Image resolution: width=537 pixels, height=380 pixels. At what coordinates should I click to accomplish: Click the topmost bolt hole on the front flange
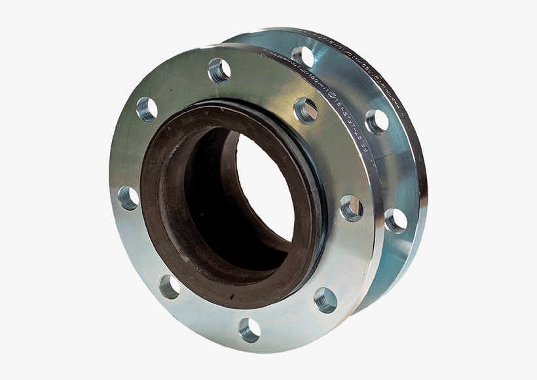click(219, 70)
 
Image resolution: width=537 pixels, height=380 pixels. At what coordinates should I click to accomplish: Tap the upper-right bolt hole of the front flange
click(305, 110)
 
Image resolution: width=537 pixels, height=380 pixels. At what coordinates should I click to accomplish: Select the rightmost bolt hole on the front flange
click(352, 208)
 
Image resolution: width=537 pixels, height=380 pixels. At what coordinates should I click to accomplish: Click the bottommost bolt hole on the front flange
click(250, 330)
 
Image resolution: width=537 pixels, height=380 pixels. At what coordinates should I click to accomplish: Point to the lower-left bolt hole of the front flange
click(170, 286)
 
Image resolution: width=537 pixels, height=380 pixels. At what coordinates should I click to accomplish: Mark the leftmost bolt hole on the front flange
click(128, 198)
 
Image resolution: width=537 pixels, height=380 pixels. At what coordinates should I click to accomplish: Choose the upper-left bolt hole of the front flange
click(147, 109)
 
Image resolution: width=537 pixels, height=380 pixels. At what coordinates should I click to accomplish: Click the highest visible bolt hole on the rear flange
click(302, 56)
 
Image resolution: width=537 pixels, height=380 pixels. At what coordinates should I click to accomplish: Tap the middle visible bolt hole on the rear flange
click(376, 121)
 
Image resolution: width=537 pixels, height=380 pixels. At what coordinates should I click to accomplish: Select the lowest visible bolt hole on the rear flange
click(395, 220)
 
